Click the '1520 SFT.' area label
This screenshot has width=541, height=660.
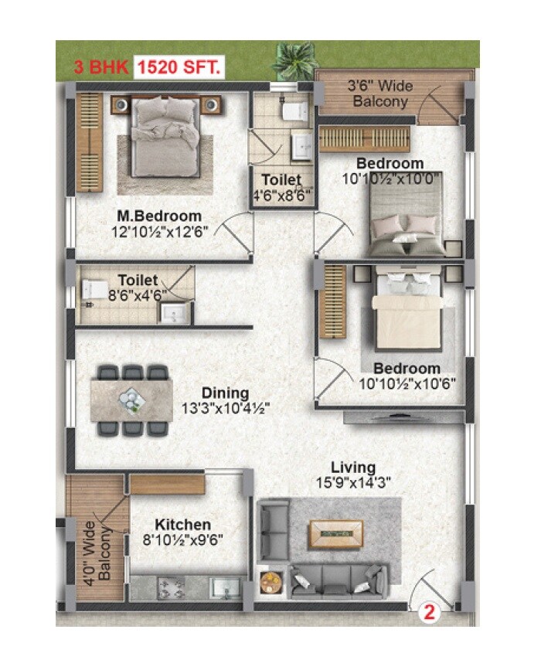pos(179,67)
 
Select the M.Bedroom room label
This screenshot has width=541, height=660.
pos(159,216)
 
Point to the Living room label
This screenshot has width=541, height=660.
pos(353,468)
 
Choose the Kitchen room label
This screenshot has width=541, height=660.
pos(182,525)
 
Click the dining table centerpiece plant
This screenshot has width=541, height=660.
pos(129,400)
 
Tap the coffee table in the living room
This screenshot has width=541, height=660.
pos(335,532)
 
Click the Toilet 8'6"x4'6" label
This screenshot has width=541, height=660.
pos(138,287)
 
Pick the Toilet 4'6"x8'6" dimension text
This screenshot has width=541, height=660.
pos(283,196)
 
